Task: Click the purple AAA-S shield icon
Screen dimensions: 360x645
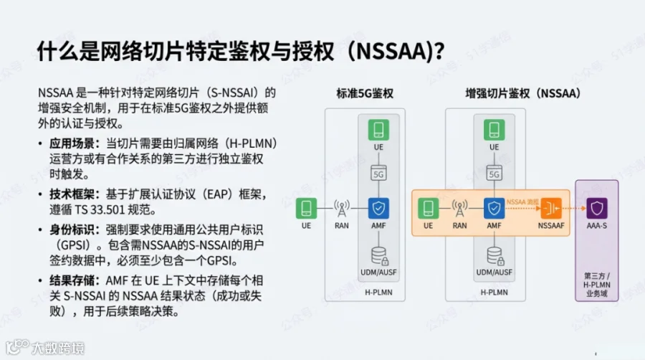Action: [596, 209]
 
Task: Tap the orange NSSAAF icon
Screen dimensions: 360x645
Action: [551, 209]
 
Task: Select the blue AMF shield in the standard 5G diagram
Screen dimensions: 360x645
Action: [378, 209]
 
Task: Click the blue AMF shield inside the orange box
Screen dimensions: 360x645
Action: [493, 209]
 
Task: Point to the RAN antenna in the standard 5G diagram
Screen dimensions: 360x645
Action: [342, 209]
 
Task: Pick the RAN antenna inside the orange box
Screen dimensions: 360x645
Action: [459, 209]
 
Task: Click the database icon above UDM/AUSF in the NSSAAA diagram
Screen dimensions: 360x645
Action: [493, 255]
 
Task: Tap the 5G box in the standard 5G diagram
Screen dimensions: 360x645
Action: [378, 173]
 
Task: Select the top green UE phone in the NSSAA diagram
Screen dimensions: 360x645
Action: [493, 131]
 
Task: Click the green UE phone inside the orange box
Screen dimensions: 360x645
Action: [428, 209]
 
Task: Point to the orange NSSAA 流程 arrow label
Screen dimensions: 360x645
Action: [522, 202]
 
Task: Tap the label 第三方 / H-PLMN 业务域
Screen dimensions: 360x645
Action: [596, 285]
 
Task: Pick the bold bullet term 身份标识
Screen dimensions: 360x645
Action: [71, 229]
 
